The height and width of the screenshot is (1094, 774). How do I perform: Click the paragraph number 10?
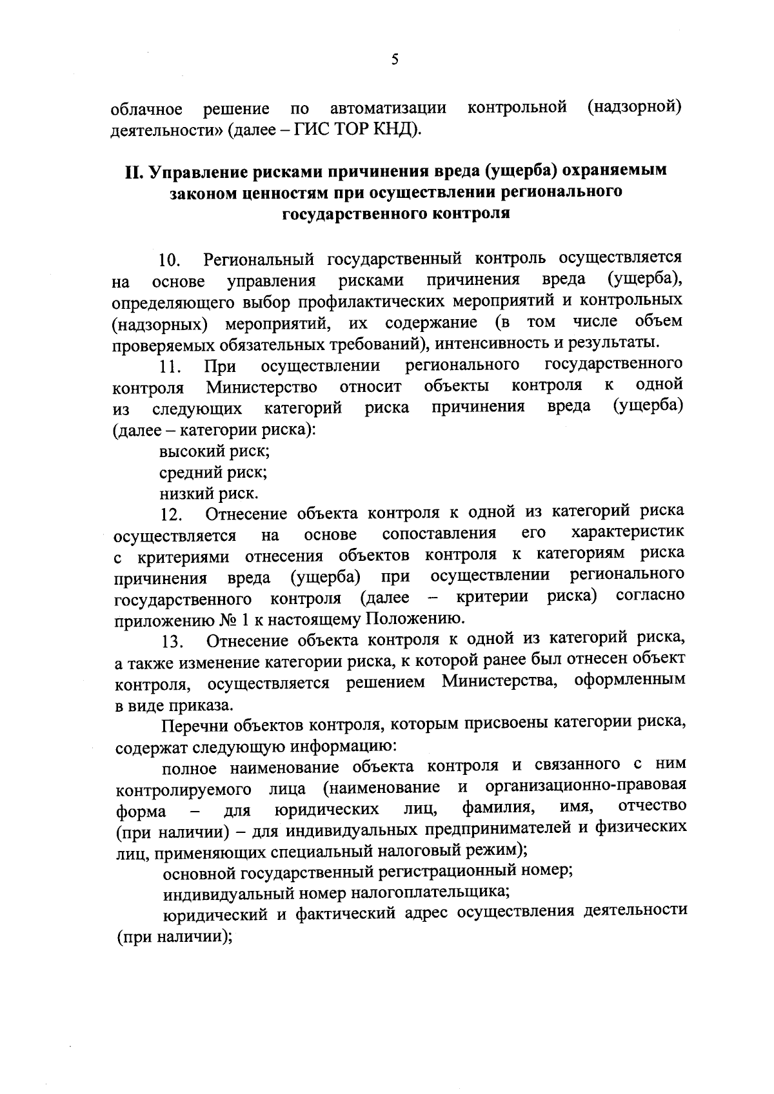(x=170, y=260)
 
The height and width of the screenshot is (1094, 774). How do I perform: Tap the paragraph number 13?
(x=173, y=641)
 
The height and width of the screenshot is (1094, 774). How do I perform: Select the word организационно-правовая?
(x=585, y=787)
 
